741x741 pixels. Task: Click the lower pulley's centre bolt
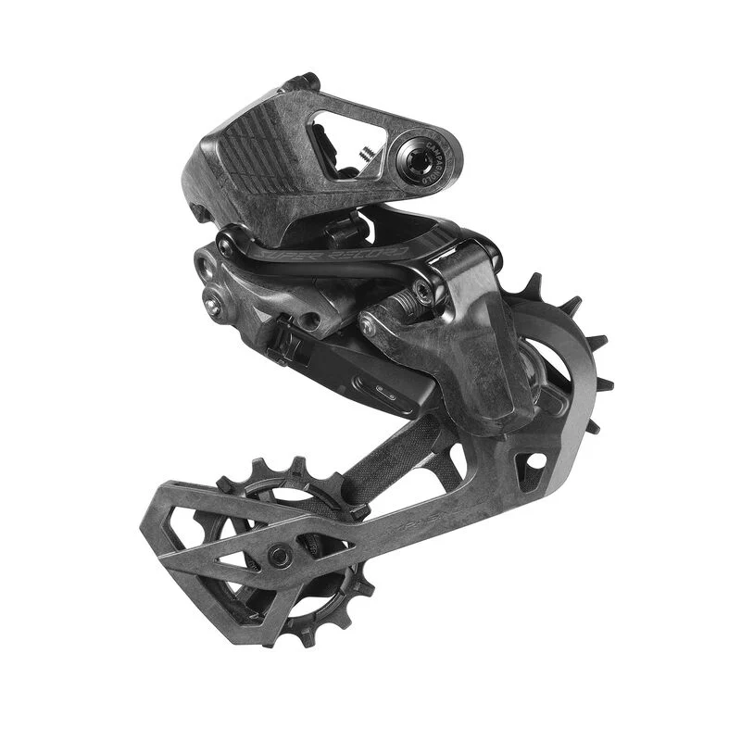click(x=279, y=557)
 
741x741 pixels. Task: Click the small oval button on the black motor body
click(x=385, y=392)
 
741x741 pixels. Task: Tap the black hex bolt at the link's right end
click(x=423, y=295)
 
